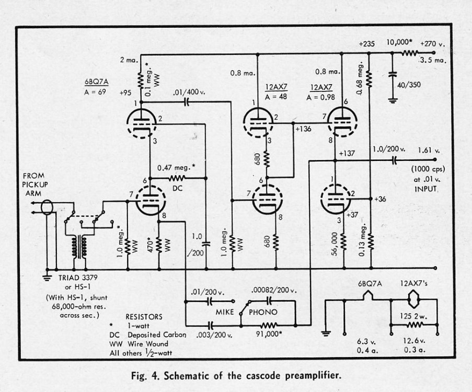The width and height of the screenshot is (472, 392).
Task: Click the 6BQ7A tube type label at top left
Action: point(95,82)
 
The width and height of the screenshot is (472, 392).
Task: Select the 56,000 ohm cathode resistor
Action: point(344,242)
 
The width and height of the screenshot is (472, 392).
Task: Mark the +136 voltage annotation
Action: point(305,129)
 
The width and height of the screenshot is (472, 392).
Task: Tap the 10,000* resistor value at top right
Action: point(399,42)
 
